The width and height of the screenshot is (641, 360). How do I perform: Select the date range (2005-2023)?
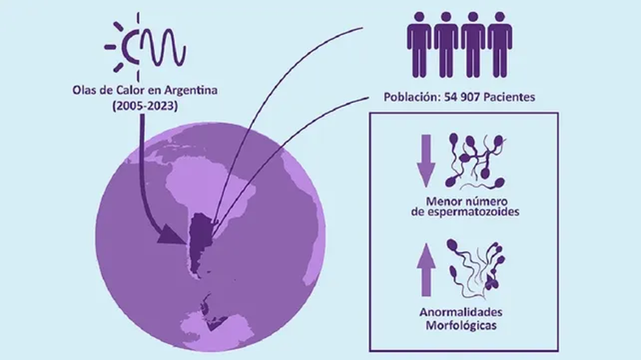[145, 106]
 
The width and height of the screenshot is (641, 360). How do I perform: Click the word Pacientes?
[510, 97]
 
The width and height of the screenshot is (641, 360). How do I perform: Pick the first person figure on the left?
[419, 45]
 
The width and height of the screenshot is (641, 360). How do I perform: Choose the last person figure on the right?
[500, 45]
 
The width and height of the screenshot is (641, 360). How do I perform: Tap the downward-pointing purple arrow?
[426, 161]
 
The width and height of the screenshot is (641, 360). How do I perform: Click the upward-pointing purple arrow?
[426, 270]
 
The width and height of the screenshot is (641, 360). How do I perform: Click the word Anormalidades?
[461, 313]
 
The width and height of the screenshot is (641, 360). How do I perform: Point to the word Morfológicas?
[461, 326]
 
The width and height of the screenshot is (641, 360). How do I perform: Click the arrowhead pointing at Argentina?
[171, 235]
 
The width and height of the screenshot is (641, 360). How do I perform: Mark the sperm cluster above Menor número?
[476, 161]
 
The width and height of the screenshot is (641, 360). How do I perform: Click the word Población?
[412, 97]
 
